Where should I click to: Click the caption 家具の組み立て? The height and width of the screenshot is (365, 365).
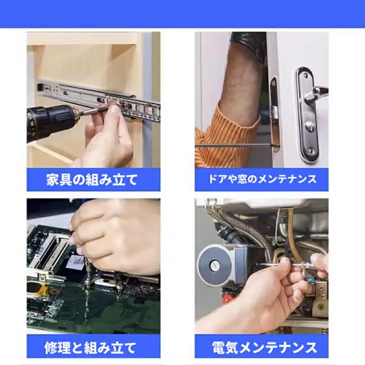(x=92, y=179)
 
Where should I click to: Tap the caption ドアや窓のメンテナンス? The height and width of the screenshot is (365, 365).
(x=262, y=179)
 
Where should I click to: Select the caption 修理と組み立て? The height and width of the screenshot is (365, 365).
(x=90, y=348)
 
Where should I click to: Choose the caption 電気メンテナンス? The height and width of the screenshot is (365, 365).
(x=265, y=348)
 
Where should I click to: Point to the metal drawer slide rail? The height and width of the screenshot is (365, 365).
(x=99, y=99)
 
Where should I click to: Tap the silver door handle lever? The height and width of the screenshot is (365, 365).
(x=316, y=92)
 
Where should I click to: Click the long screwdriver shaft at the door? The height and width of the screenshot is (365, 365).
(x=234, y=145)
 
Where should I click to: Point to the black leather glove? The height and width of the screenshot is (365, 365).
(x=249, y=44)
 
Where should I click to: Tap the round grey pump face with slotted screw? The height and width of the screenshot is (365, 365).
(x=215, y=265)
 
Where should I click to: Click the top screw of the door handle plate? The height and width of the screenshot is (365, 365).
(x=305, y=75)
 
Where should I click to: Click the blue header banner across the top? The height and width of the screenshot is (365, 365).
(x=182, y=13)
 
